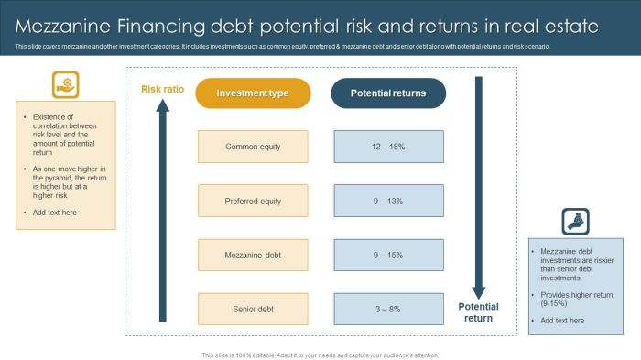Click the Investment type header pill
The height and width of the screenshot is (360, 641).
[253, 93]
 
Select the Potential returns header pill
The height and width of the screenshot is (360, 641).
[388, 93]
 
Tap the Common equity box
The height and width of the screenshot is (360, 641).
[253, 147]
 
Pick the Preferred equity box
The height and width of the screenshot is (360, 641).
[253, 201]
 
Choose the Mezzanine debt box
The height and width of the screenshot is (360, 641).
[253, 255]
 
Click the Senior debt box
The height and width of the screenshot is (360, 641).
[253, 309]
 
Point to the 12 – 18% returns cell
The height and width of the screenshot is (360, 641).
[388, 147]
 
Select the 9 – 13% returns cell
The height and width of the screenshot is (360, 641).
[388, 201]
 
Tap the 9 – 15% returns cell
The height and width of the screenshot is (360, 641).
[388, 255]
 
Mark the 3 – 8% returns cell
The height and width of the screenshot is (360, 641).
[388, 309]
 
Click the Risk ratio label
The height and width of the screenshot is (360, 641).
[162, 89]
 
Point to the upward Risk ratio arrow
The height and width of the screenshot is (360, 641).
[163, 211]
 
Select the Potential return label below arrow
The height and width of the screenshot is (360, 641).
[478, 312]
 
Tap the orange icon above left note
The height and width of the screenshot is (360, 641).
[65, 84]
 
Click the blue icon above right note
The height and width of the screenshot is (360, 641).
[575, 221]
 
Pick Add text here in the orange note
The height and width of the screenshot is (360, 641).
[55, 213]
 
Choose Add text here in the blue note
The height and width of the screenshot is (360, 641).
[562, 321]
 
